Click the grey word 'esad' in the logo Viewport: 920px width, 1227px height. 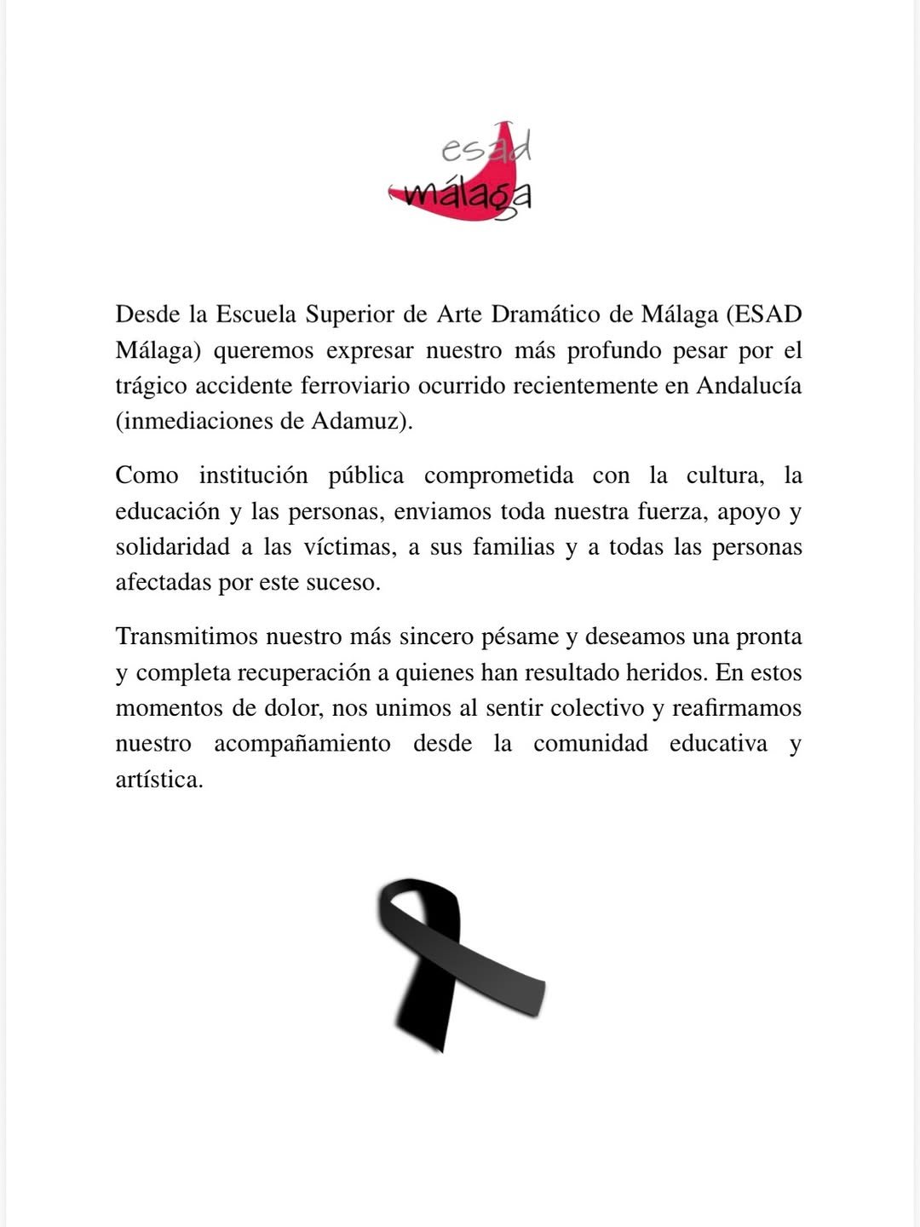point(486,150)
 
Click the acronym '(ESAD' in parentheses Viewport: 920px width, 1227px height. point(764,314)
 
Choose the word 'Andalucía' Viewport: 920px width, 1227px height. point(749,385)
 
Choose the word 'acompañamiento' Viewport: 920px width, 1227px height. point(302,744)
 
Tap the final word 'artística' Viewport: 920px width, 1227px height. point(159,780)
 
